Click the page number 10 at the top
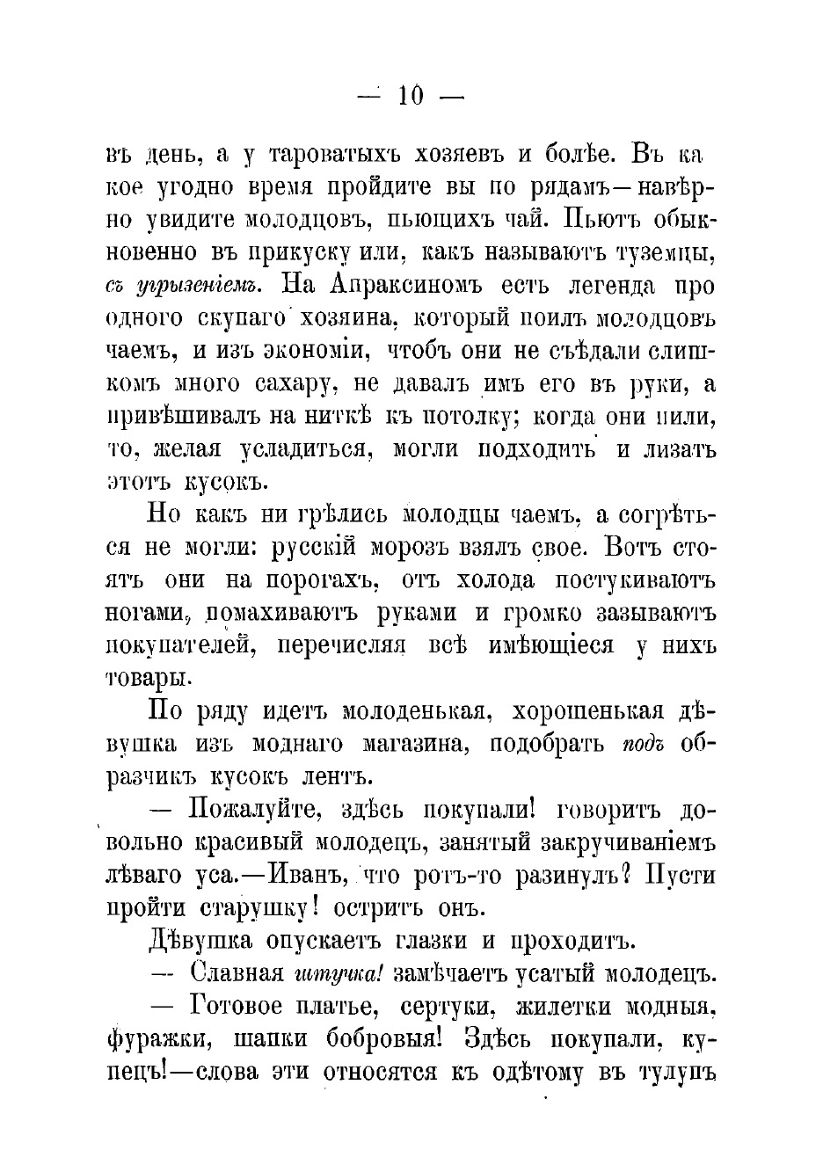click(x=411, y=95)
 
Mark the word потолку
click(x=463, y=416)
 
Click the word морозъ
click(x=408, y=546)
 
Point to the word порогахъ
click(x=326, y=579)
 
